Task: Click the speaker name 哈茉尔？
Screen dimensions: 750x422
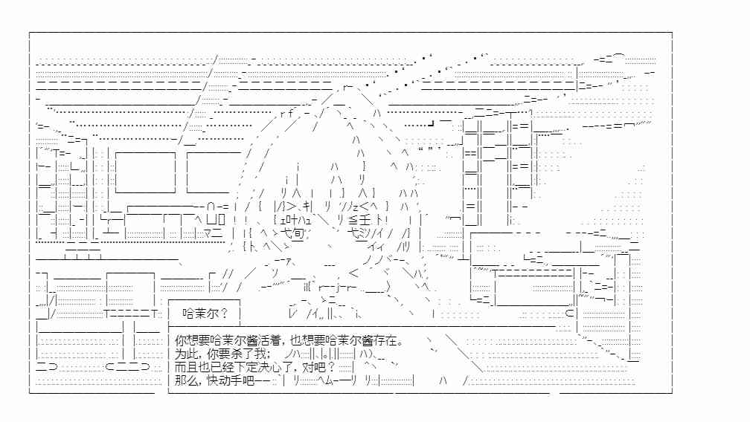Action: pyautogui.click(x=205, y=314)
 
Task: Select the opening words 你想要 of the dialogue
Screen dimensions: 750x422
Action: pyautogui.click(x=191, y=341)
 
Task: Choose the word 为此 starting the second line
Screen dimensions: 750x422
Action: pyautogui.click(x=185, y=354)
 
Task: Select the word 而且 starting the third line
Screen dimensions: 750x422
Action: pyautogui.click(x=185, y=368)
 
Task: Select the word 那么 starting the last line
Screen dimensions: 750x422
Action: pyautogui.click(x=185, y=381)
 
